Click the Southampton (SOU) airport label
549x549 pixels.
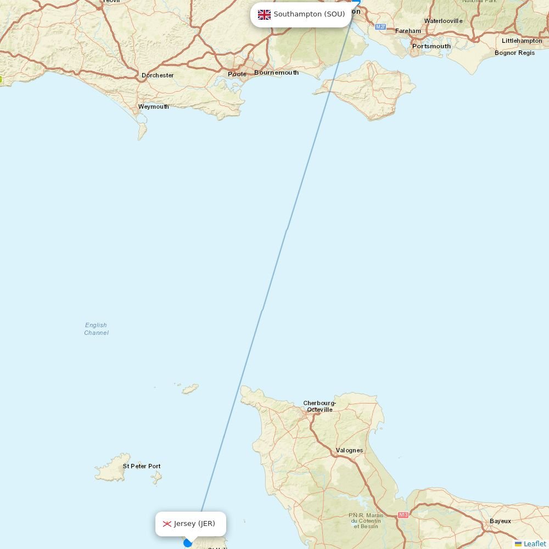pos(309,14)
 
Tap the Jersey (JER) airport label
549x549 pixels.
pos(194,524)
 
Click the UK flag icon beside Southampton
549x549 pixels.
pos(264,15)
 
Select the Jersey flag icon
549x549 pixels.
pos(167,524)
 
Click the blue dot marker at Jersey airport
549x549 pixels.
pos(188,543)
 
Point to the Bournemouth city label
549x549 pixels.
pos(276,72)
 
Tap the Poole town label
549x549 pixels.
pos(237,74)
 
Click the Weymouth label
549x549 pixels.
pos(153,107)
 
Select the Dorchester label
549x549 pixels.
pos(158,75)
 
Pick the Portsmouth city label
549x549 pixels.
pos(432,46)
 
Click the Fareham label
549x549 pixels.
pos(408,31)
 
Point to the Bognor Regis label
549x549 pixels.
pos(514,53)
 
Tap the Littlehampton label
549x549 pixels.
pos(522,41)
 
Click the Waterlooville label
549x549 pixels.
pos(443,21)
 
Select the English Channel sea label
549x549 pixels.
pos(96,329)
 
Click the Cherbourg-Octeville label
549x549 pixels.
pos(320,406)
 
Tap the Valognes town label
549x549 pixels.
pos(349,450)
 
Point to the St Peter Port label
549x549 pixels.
pos(142,466)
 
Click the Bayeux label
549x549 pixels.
pos(500,521)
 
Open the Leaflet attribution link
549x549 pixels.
pos(534,544)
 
